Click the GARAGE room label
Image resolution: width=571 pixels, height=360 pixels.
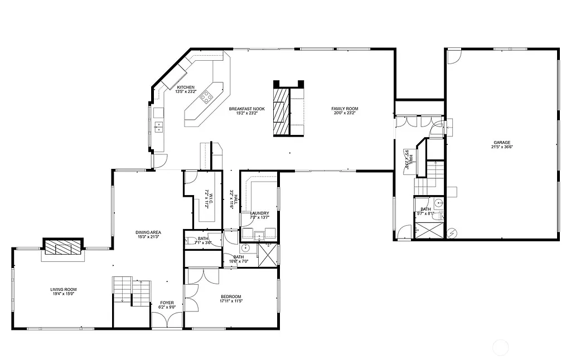[x=501, y=143]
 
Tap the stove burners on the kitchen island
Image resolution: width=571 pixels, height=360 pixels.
[x=207, y=98]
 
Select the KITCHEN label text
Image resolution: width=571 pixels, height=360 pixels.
[x=186, y=87]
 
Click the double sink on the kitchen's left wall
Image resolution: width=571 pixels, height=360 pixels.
[x=158, y=127]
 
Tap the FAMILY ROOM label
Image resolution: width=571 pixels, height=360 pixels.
[x=344, y=109]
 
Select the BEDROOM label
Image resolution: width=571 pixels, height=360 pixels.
[x=230, y=296]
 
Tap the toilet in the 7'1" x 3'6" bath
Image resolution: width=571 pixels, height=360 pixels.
[x=191, y=241]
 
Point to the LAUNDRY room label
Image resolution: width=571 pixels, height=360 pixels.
[x=259, y=213]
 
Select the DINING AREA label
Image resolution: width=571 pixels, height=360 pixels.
[x=148, y=232]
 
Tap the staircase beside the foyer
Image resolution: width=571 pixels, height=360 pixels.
[x=132, y=291]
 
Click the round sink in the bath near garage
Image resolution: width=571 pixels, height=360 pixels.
[x=438, y=203]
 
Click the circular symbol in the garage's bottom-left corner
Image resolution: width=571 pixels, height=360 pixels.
[x=452, y=232]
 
